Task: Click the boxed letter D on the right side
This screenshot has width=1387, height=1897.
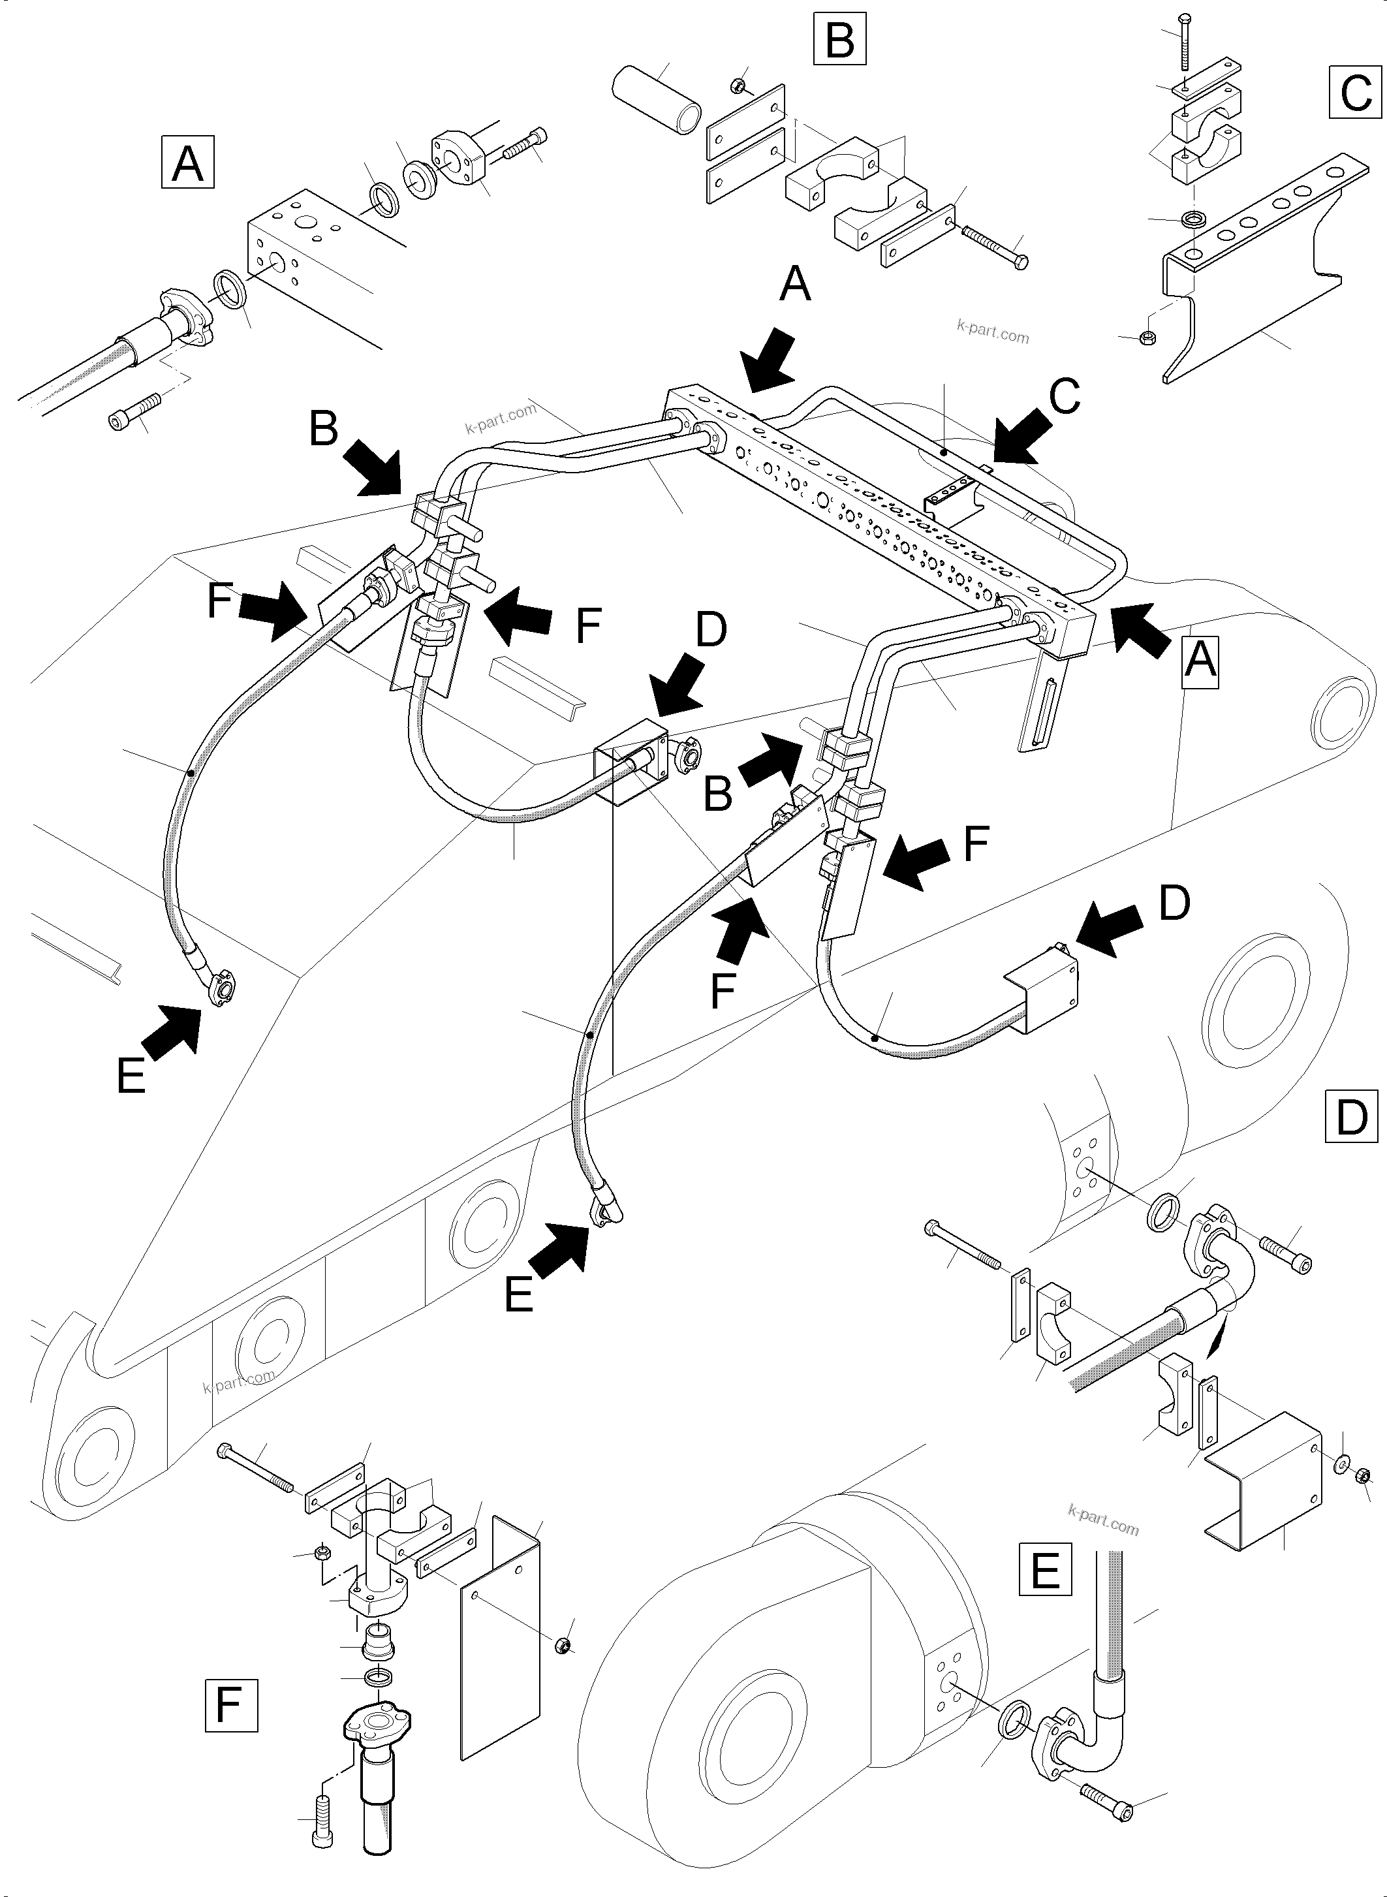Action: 1351,1116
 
